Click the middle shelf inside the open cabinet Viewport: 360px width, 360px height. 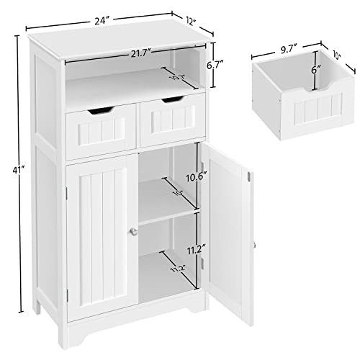[167, 215]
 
